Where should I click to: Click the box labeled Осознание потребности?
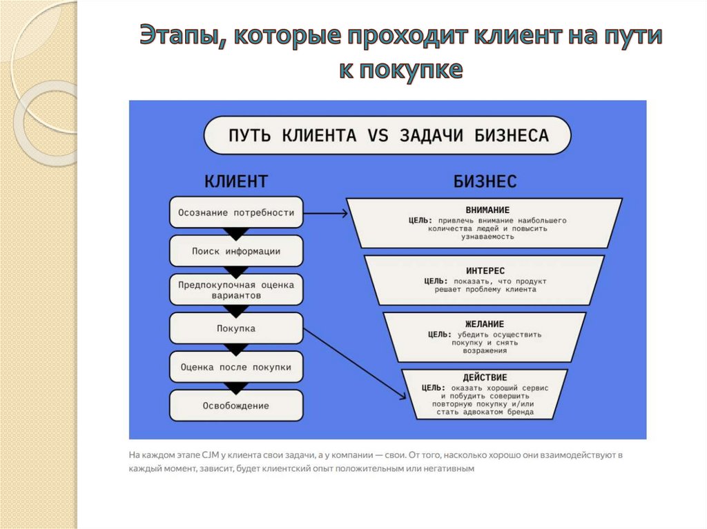[x=236, y=212]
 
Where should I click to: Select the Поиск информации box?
[x=236, y=251]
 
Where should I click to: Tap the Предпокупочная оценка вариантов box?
[x=236, y=290]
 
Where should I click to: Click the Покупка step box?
[x=236, y=328]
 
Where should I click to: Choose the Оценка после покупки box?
[x=236, y=367]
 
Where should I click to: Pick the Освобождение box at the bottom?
[x=236, y=406]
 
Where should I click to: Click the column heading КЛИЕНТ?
[x=236, y=181]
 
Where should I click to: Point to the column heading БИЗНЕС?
[x=485, y=181]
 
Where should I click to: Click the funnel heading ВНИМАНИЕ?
[x=487, y=210]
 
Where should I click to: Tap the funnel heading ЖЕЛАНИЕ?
[x=485, y=324]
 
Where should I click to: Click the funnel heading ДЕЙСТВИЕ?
[x=485, y=378]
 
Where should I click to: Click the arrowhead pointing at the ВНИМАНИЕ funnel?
[x=343, y=213]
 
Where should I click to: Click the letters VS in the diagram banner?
[x=378, y=135]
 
